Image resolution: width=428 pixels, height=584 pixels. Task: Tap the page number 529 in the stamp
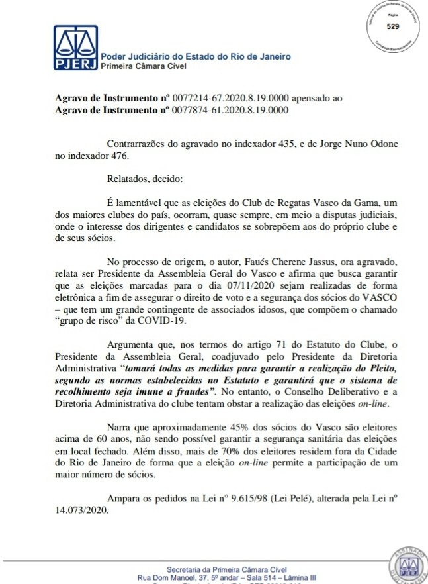[393, 27]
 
